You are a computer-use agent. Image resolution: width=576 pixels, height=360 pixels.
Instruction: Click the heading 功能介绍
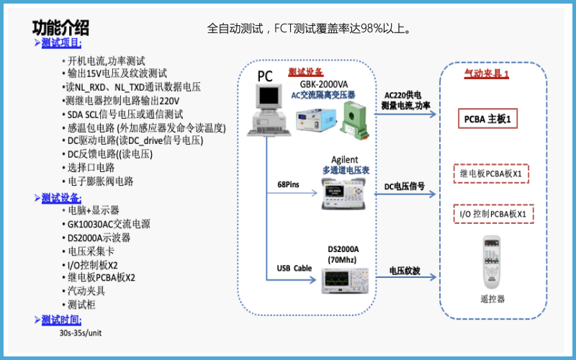coord(61,28)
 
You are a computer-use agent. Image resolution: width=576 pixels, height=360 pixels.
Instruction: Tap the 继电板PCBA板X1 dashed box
coord(490,174)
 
